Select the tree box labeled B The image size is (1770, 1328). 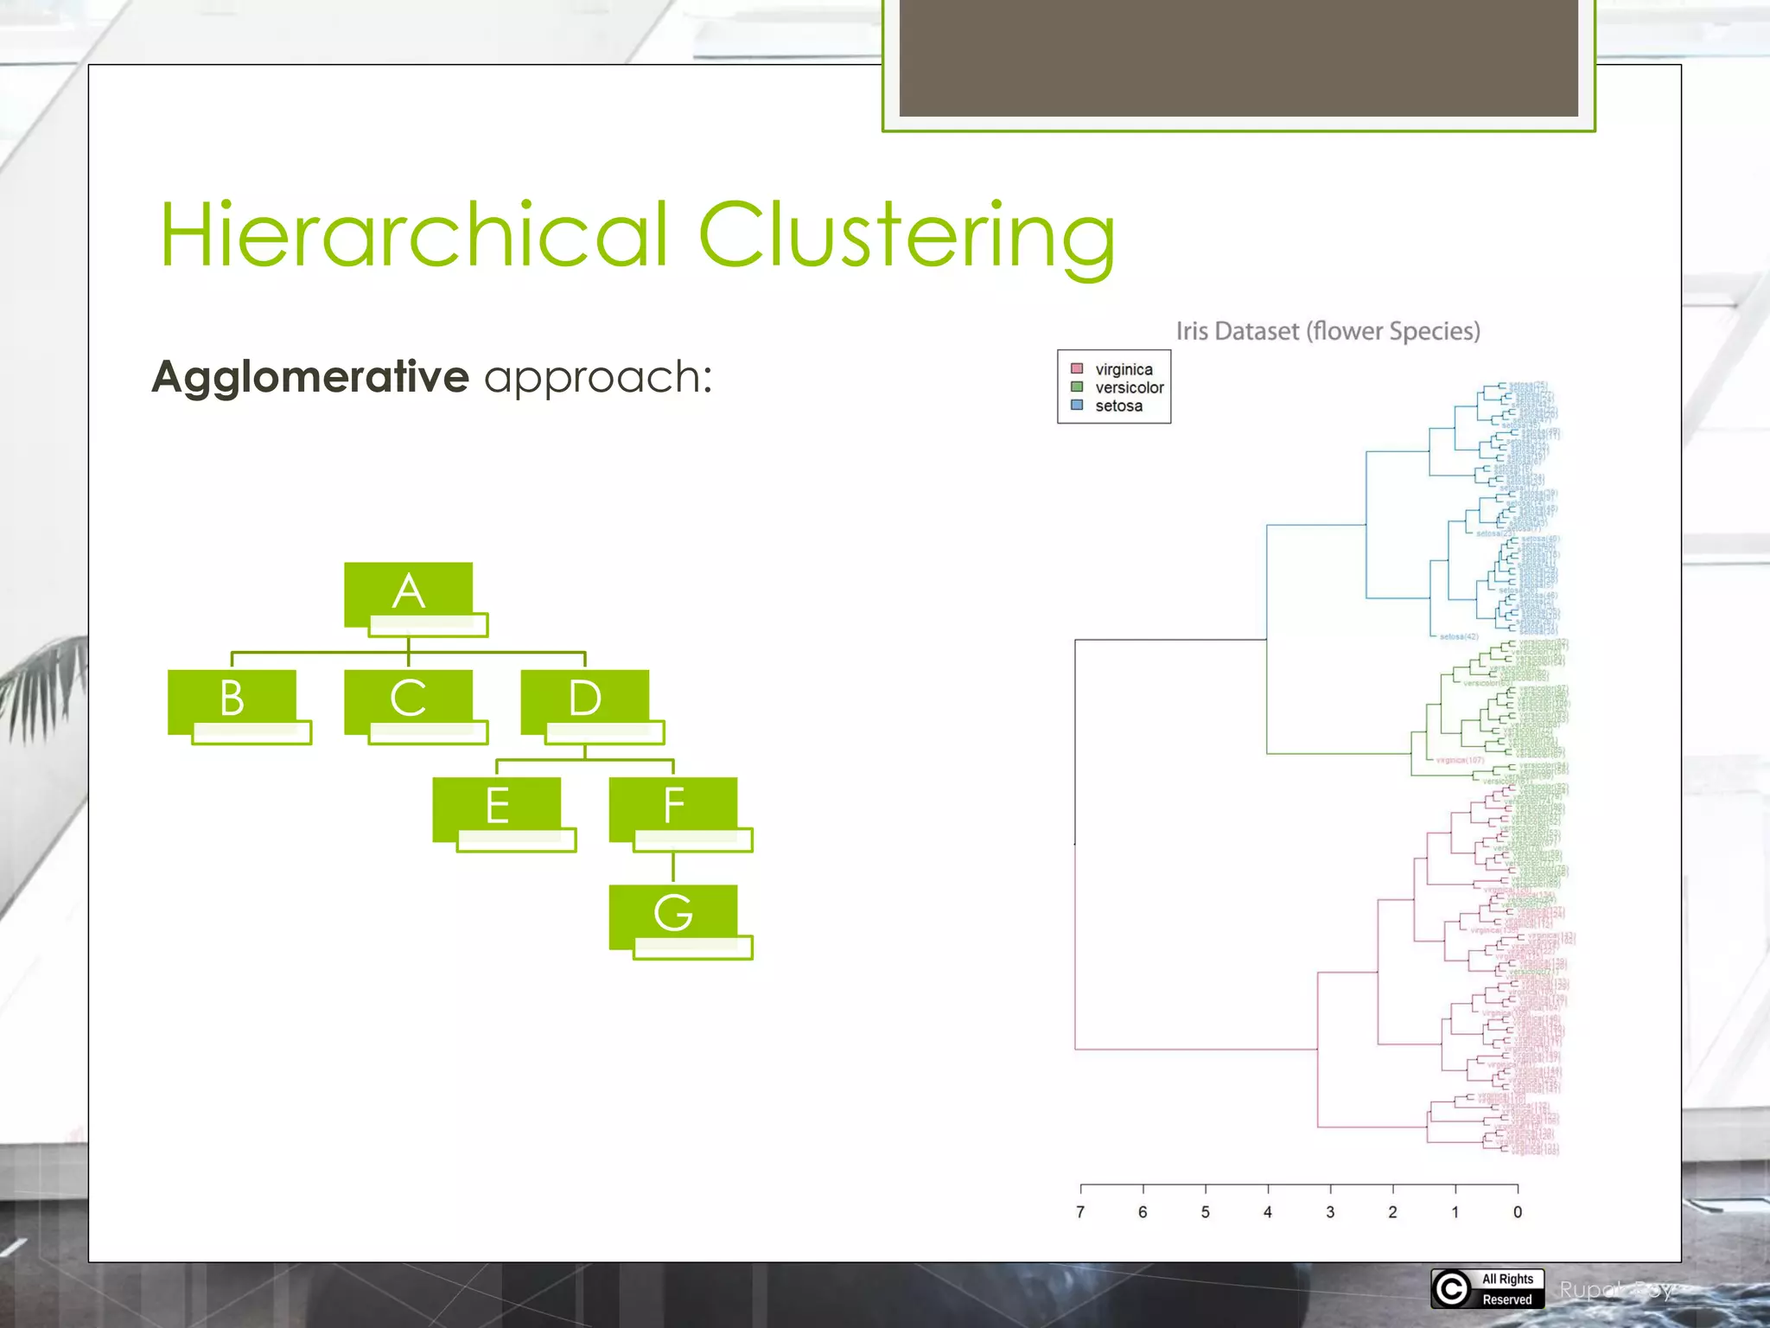(232, 699)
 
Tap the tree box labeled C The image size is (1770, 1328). (409, 699)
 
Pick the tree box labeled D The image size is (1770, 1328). (585, 699)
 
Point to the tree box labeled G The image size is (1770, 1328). (673, 914)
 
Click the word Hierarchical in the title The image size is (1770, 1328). (415, 235)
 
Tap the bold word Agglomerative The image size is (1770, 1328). (310, 377)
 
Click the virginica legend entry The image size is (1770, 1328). (1123, 369)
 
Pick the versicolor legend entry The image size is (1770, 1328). (1128, 387)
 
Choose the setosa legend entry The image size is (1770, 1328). (1117, 405)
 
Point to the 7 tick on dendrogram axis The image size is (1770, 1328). (1080, 1211)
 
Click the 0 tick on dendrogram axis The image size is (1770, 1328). (1518, 1211)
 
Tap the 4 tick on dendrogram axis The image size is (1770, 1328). (1268, 1211)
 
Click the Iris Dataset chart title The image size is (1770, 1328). (1327, 331)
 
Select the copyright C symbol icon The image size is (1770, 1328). (1452, 1289)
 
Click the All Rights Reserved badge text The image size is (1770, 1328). (1507, 1289)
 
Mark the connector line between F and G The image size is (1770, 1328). (673, 867)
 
